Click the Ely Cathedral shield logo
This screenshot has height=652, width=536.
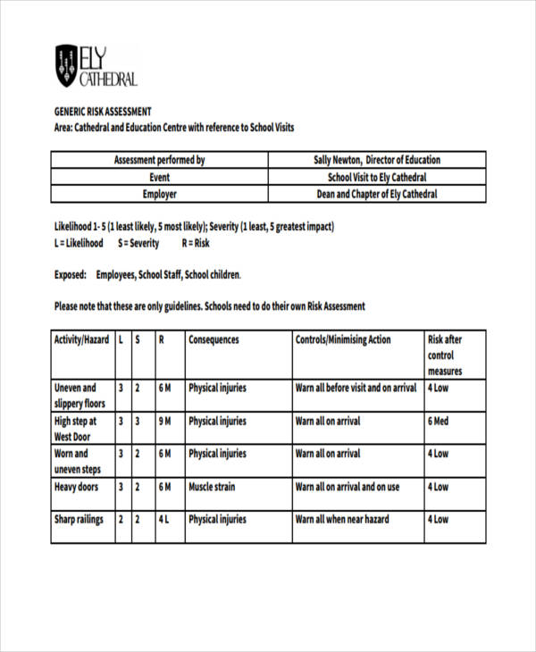click(66, 65)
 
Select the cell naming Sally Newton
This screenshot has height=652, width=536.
click(376, 160)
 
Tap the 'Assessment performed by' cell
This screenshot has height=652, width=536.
click(159, 160)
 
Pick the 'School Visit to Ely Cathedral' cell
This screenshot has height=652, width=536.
click(376, 177)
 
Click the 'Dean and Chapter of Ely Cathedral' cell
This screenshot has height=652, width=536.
click(376, 194)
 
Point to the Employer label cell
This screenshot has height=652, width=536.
click(159, 194)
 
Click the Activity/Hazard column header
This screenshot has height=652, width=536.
click(82, 340)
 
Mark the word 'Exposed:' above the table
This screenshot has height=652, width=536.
click(71, 275)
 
